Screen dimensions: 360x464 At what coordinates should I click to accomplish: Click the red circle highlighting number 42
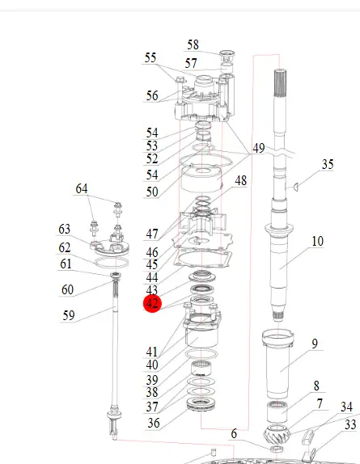[x=152, y=303]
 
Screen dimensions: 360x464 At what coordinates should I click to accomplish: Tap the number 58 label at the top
[x=193, y=45]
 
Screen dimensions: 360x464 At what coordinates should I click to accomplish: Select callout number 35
[x=328, y=164]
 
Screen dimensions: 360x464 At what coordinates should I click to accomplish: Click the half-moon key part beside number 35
[x=295, y=187]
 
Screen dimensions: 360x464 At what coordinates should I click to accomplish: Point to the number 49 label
[x=258, y=148]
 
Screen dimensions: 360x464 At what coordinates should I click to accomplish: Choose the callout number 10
[x=317, y=242]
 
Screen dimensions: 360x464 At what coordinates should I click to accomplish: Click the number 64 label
[x=82, y=189]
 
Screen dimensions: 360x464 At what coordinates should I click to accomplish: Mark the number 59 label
[x=69, y=315]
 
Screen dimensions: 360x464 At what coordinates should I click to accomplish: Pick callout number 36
[x=154, y=423]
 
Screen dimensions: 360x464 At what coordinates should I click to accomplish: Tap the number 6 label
[x=234, y=434]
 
